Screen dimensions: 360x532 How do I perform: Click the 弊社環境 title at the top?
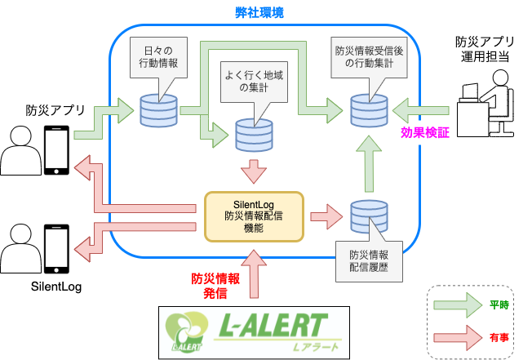(x=265, y=14)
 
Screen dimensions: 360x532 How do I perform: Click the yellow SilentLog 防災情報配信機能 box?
(x=255, y=216)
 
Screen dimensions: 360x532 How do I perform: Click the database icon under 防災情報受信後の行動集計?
(x=367, y=109)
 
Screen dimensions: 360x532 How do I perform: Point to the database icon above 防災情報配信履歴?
(x=367, y=216)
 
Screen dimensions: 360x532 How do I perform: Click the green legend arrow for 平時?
(x=461, y=305)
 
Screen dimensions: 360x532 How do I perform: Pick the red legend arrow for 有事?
(x=461, y=334)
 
